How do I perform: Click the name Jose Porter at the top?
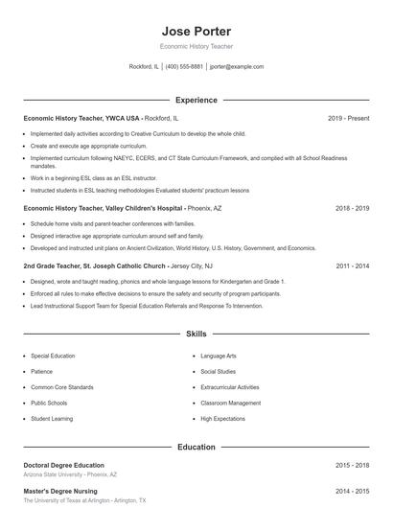[196, 29]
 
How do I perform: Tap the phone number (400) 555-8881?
[184, 67]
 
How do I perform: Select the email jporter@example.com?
[236, 67]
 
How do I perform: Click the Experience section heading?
[196, 100]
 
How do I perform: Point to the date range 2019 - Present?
[348, 118]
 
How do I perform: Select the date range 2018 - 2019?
[352, 208]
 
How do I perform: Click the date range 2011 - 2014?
[352, 266]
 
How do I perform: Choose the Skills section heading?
[196, 335]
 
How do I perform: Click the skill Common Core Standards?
[61, 387]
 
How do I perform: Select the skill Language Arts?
[220, 356]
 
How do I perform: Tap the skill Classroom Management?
[230, 404]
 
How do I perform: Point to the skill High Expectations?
[223, 419]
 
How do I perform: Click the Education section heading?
[196, 447]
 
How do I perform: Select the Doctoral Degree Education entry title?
[63, 465]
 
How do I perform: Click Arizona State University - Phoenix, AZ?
[70, 474]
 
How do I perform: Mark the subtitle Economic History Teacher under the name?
[196, 46]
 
